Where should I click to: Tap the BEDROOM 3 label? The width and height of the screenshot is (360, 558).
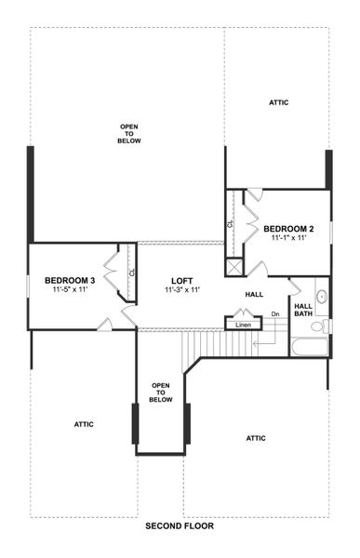70,281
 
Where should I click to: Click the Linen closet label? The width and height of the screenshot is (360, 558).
243,325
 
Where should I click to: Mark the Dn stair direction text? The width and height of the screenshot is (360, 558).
275,314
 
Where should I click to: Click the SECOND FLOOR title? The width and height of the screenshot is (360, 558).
180,526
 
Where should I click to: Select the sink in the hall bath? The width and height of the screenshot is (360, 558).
320,298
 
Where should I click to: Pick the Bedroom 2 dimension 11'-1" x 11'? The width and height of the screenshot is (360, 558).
288,238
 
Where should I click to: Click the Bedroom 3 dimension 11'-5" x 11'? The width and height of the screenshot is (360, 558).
70,291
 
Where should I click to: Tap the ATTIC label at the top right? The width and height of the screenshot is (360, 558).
279,101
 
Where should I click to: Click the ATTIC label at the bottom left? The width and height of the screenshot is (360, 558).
84,424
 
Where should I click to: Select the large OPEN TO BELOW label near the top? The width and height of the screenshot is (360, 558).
129,133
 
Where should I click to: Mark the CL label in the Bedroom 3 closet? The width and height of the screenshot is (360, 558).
132,272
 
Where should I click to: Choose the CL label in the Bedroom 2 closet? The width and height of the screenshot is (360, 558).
230,224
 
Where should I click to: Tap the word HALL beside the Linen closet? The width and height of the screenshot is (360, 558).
254,294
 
